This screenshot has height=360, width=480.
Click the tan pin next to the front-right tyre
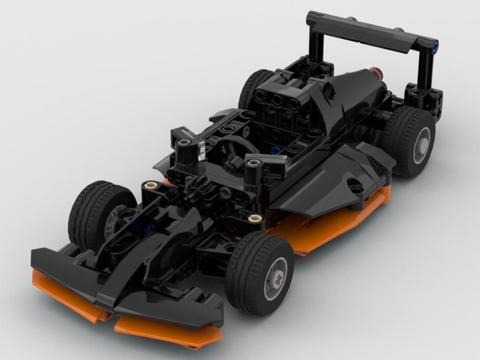click(x=255, y=219)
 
